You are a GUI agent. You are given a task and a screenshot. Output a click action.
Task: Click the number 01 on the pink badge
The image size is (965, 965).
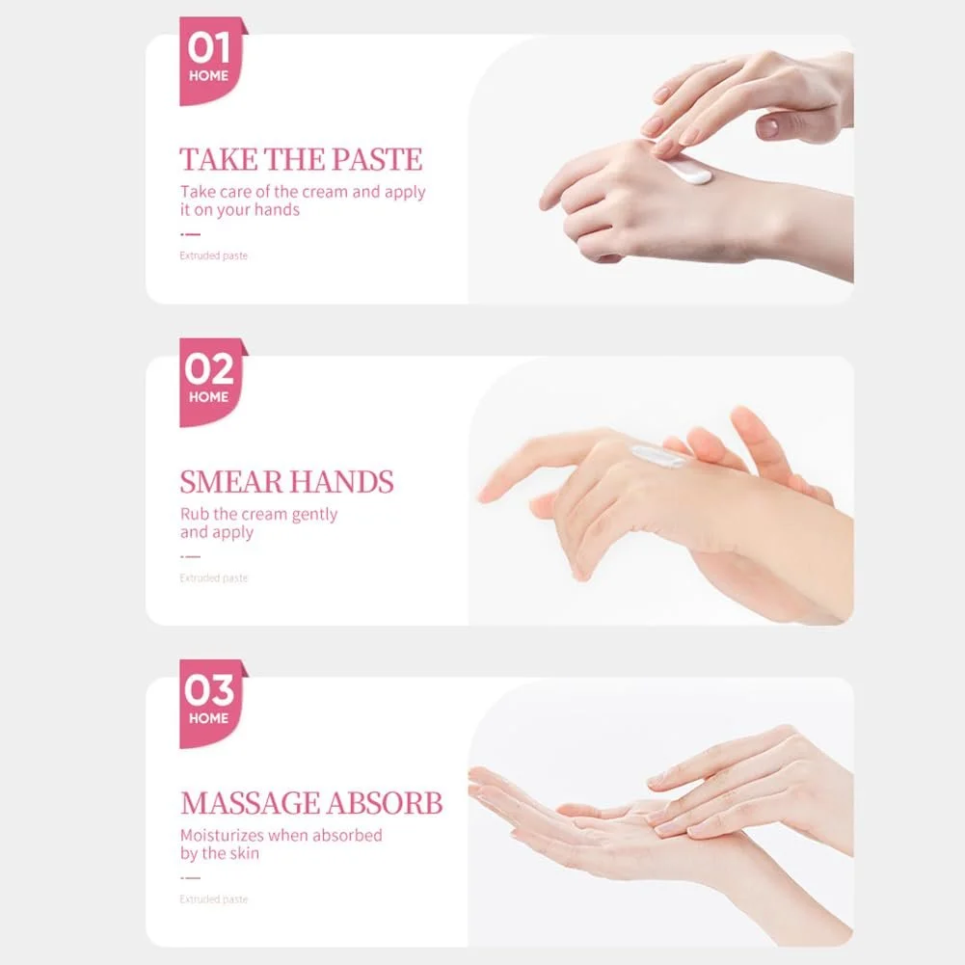tap(209, 48)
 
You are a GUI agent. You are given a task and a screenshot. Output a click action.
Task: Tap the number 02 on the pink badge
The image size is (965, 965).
tap(209, 369)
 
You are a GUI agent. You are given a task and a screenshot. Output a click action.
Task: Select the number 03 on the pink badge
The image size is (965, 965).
tap(209, 690)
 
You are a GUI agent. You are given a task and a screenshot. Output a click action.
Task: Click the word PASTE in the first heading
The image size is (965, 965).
tap(377, 159)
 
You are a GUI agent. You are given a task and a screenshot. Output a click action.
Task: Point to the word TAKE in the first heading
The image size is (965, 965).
tap(219, 159)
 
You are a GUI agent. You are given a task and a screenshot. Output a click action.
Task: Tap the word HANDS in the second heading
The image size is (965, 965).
tap(340, 482)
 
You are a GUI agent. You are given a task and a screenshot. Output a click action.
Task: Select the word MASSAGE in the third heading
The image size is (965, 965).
tap(250, 803)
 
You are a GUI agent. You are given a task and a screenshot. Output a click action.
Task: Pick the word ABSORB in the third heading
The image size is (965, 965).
tap(385, 803)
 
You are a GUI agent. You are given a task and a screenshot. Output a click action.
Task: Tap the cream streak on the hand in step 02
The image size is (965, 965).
tap(658, 457)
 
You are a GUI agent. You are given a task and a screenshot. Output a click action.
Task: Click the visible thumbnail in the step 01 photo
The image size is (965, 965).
tap(767, 127)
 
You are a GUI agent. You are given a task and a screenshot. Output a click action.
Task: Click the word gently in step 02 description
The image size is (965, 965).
tap(314, 515)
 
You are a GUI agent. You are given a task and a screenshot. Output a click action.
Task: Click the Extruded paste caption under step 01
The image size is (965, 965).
tap(214, 255)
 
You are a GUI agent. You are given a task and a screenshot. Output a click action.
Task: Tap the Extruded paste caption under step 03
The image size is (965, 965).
tap(214, 899)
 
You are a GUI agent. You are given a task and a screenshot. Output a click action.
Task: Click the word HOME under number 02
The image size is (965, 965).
tap(208, 397)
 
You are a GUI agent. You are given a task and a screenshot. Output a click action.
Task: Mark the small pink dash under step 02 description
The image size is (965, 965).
tap(191, 556)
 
